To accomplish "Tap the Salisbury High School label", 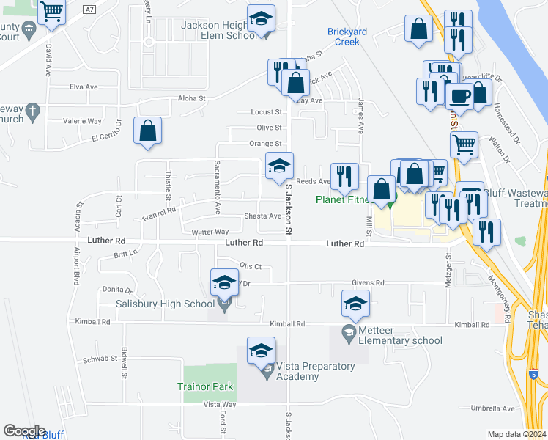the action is pyautogui.click(x=165, y=304).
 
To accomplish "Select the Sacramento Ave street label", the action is pyautogui.click(x=217, y=188).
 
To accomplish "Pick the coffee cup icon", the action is pyautogui.click(x=460, y=95).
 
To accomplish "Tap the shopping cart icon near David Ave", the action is pyautogui.click(x=51, y=11).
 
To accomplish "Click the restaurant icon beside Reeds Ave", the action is pyautogui.click(x=344, y=176).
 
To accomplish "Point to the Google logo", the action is pyautogui.click(x=23, y=431).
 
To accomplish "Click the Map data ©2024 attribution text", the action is pyautogui.click(x=516, y=434).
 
